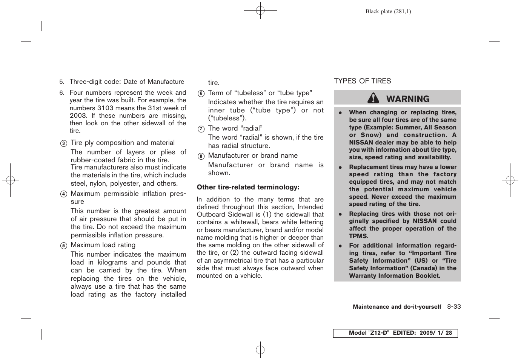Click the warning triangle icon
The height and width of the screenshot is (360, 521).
pyautogui.click(x=373, y=98)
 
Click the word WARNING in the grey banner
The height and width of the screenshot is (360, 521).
pyautogui.click(x=408, y=99)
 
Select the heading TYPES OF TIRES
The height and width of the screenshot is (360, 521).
pyautogui.click(x=362, y=81)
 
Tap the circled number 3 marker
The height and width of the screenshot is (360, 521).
pyautogui.click(x=64, y=143)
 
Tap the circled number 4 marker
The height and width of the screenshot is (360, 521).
pyautogui.click(x=64, y=194)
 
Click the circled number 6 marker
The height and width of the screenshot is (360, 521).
pyautogui.click(x=201, y=94)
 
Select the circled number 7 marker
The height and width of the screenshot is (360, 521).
pyautogui.click(x=201, y=129)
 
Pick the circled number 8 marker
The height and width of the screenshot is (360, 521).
pyautogui.click(x=201, y=156)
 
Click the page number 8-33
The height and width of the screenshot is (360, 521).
pyautogui.click(x=454, y=306)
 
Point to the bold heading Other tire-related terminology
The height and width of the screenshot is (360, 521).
pyautogui.click(x=248, y=187)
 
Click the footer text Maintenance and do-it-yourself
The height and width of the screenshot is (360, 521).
pyautogui.click(x=397, y=307)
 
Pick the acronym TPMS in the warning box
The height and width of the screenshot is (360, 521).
pyautogui.click(x=358, y=236)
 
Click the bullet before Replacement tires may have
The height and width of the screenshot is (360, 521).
pyautogui.click(x=340, y=167)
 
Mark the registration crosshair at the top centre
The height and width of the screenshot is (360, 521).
pyautogui.click(x=260, y=11)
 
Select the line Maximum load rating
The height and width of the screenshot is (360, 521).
pyautogui.click(x=103, y=245)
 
